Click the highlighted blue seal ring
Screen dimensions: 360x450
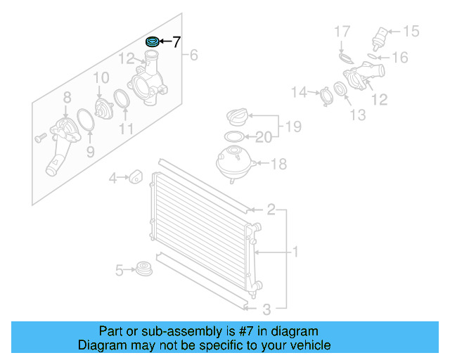[x=152, y=42]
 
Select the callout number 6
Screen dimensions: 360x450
[x=194, y=55]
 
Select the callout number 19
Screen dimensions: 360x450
[x=294, y=127]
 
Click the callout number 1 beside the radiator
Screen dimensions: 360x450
[x=296, y=251]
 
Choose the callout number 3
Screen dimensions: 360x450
[x=266, y=309]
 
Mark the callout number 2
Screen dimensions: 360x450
[x=271, y=210]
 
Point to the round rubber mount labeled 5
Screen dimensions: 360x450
[x=145, y=269]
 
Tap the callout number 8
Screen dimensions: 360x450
[x=67, y=97]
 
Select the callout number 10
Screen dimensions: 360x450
[x=101, y=77]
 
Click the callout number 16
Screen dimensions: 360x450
[x=400, y=58]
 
